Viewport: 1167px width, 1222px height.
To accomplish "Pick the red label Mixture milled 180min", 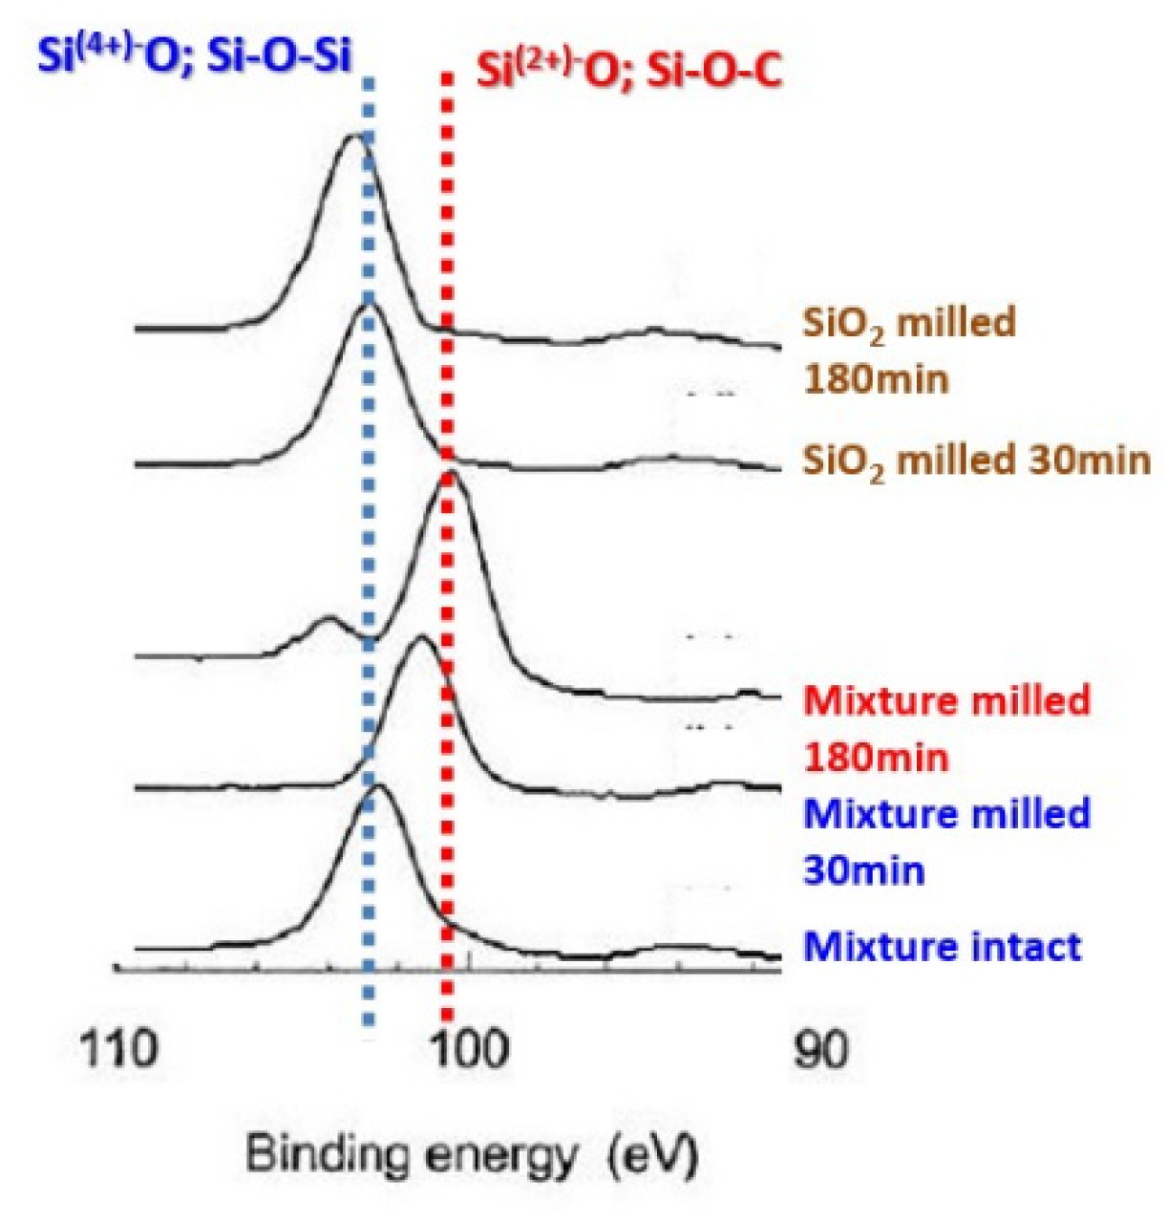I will [945, 728].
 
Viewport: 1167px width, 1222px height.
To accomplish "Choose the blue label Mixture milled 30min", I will [945, 842].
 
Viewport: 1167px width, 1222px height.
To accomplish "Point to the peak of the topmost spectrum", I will [356, 137].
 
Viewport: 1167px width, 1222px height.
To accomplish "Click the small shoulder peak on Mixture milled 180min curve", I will [328, 619].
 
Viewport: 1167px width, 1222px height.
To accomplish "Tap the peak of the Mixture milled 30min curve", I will [421, 637].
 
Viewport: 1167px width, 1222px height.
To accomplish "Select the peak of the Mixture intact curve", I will [378, 786].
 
